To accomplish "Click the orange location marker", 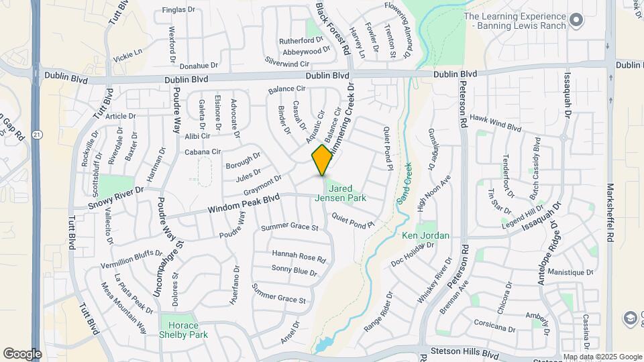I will [322, 160].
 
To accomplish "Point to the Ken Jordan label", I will [425, 236].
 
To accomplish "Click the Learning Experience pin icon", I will [575, 21].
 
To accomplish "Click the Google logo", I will [22, 353].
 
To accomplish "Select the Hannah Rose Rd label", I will [299, 255].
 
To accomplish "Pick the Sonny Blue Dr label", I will [294, 270].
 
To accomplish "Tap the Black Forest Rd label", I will [333, 28].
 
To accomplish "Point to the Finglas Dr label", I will [178, 11].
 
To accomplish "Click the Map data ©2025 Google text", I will [602, 357].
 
